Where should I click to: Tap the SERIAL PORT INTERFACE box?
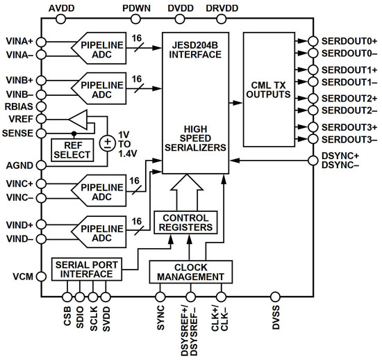tap(82, 269)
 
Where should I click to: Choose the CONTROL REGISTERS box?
tap(185, 222)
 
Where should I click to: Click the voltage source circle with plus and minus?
tap(108, 143)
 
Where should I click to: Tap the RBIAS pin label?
tap(17, 106)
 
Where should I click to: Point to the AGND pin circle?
tap(41, 165)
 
